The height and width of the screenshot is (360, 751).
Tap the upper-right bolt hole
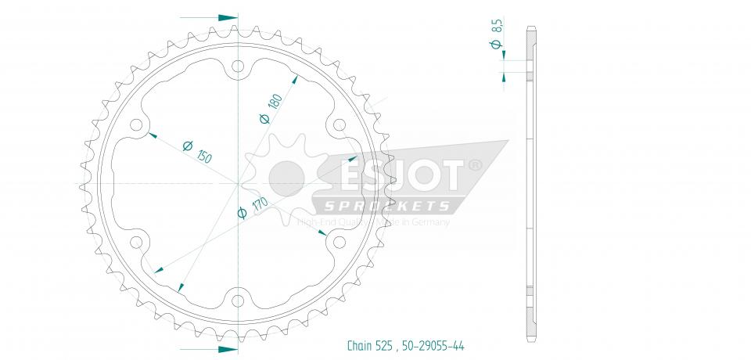coord(338,126)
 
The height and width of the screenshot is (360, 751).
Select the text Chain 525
coord(372,345)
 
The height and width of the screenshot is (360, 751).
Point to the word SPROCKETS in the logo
coord(383,206)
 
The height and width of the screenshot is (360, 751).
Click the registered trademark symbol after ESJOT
coord(474,166)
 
